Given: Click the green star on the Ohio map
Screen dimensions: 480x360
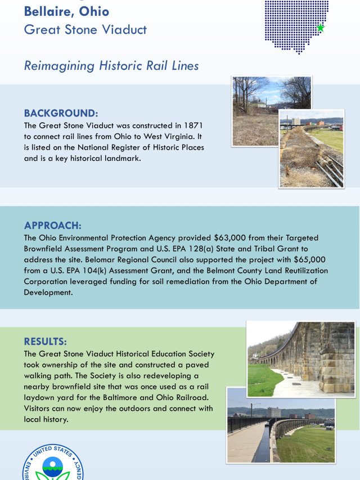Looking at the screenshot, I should pos(320,28).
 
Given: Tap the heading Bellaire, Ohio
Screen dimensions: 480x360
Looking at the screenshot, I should pos(66,11).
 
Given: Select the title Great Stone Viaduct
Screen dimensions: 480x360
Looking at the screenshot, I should pos(85,30).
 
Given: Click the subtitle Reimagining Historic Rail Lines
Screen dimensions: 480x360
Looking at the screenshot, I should pos(111,65).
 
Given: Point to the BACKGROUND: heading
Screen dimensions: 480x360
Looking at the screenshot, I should pos(61,113).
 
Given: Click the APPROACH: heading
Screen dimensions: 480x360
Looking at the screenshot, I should pos(52,225).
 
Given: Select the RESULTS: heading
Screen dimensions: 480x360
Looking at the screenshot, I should pos(45,342).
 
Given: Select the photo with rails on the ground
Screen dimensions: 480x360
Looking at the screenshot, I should pos(311,149).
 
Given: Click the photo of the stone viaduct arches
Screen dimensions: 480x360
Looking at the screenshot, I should pos(301,360).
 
